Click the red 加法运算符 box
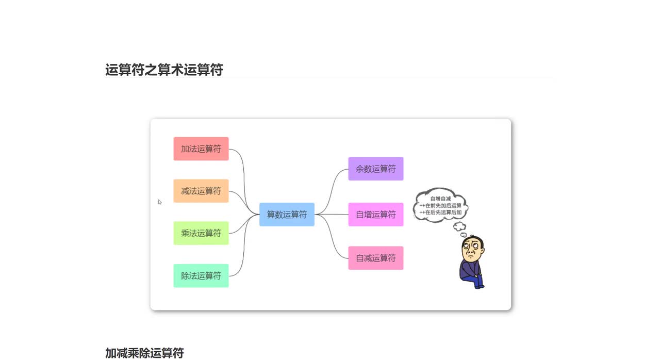(x=201, y=149)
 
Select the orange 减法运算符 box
(x=201, y=191)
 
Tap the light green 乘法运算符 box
(x=201, y=233)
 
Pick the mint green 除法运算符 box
(x=201, y=275)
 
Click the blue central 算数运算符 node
(x=287, y=214)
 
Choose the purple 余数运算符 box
(x=375, y=169)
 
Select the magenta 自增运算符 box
(x=375, y=214)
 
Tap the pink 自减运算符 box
(x=375, y=258)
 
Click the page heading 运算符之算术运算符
(x=164, y=70)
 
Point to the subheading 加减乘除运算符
(x=144, y=353)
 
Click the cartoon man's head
(x=473, y=249)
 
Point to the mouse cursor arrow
(x=160, y=202)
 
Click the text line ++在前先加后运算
(x=440, y=205)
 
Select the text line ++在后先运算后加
(x=440, y=212)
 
